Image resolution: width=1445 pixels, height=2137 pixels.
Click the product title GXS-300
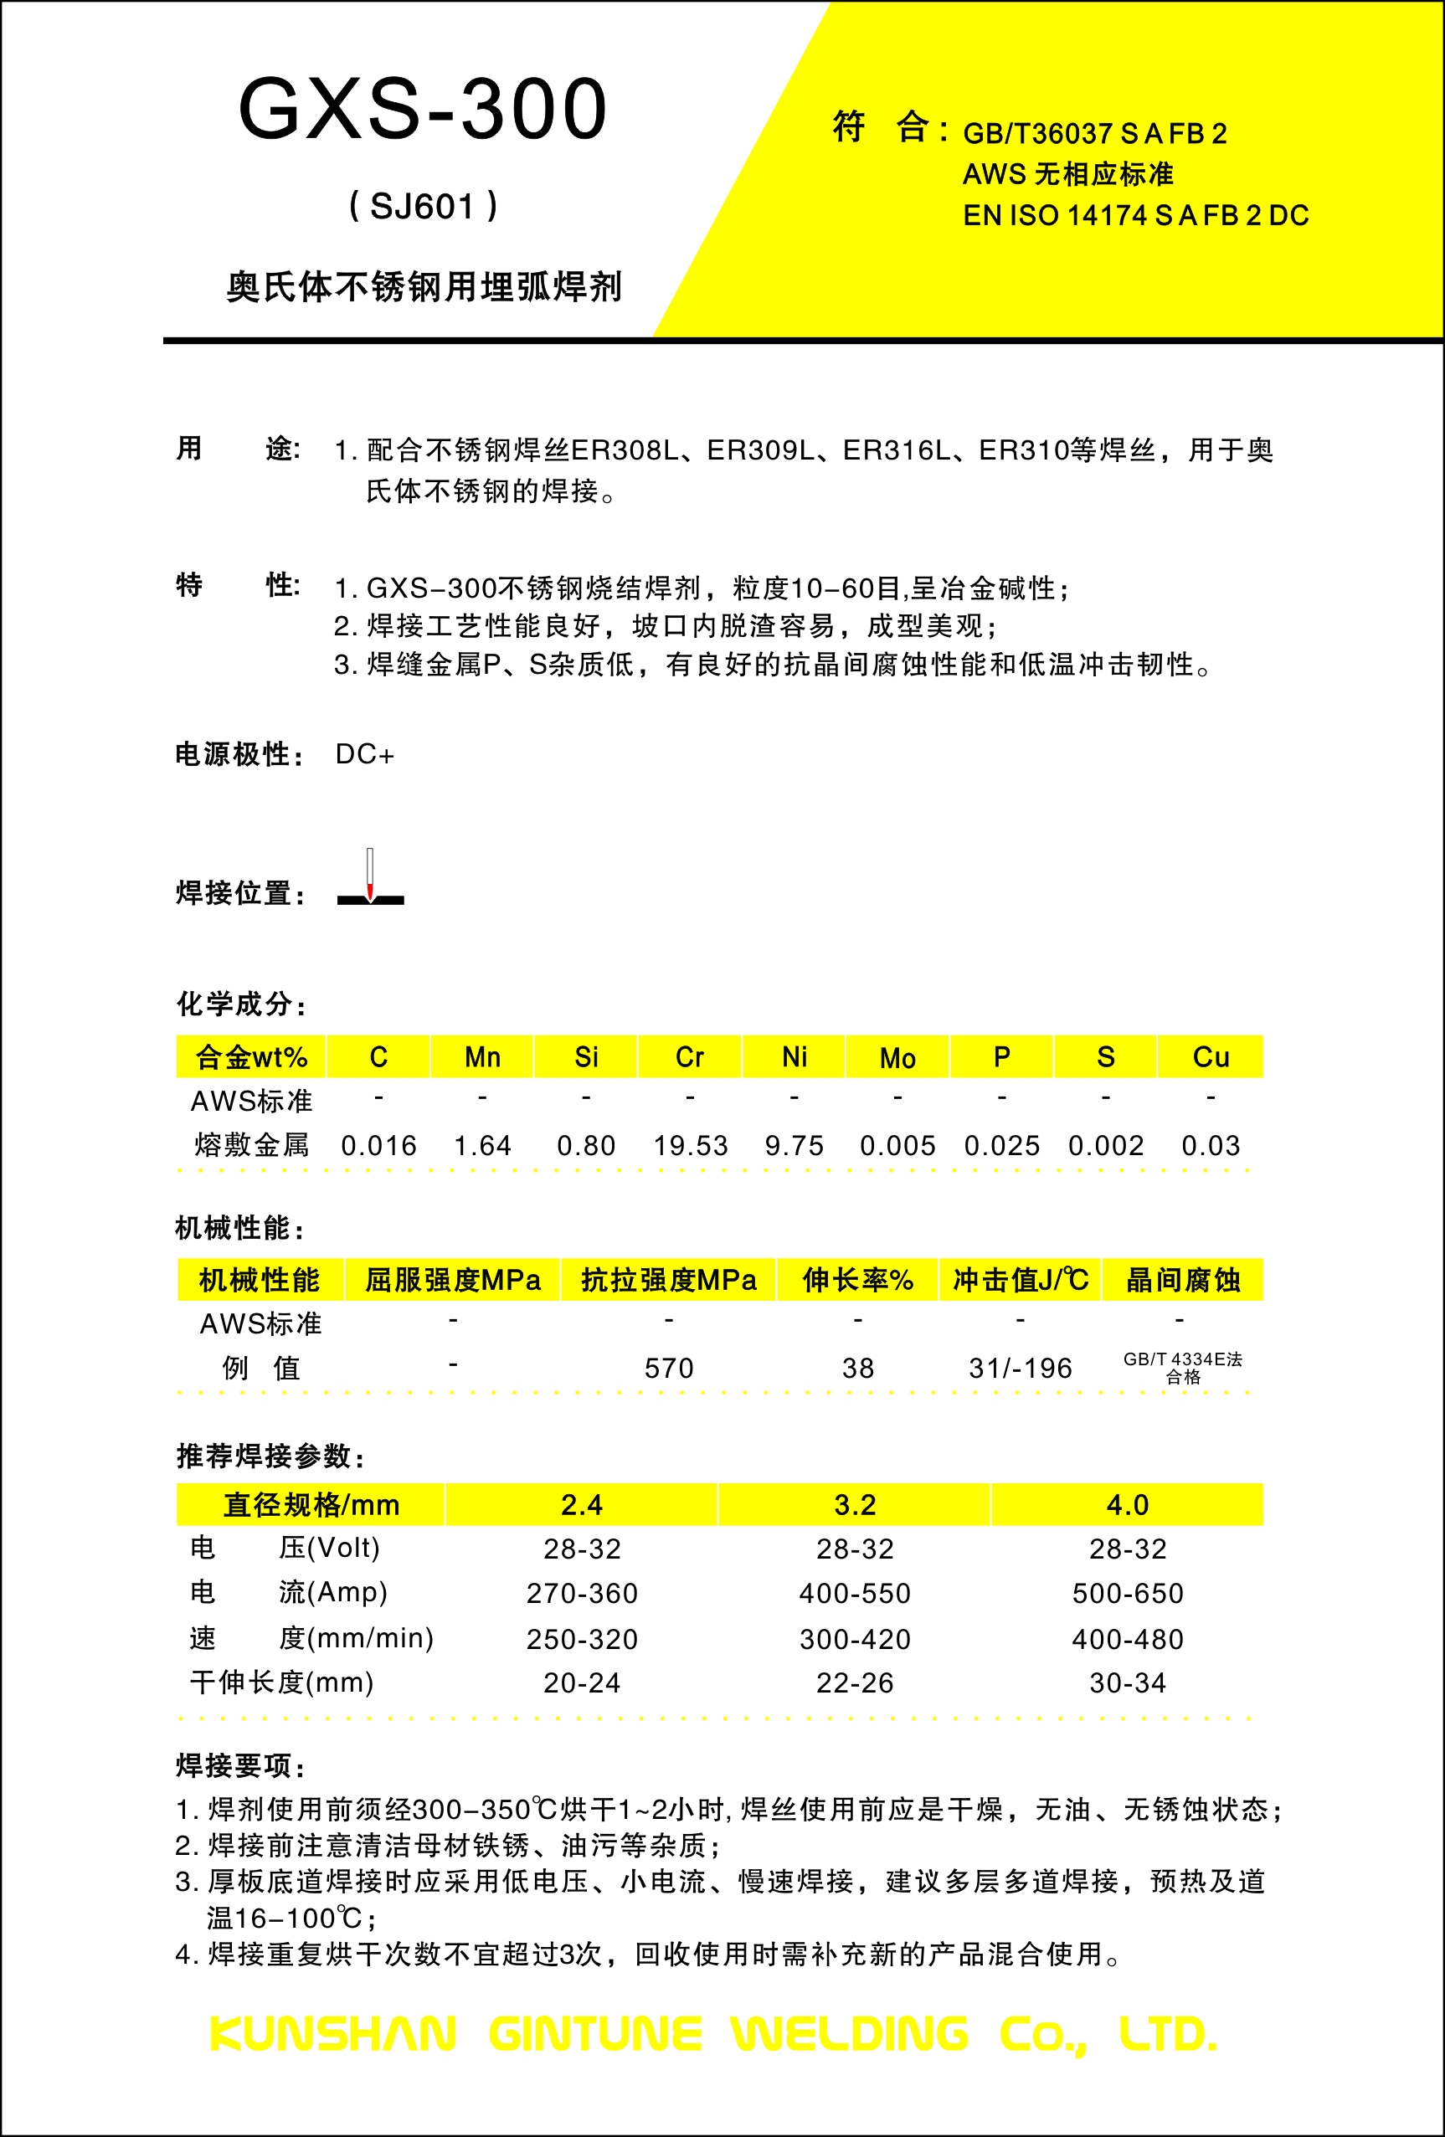422,110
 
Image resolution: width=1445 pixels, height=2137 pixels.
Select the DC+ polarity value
364,755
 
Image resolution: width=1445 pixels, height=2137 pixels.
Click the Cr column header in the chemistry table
689,1057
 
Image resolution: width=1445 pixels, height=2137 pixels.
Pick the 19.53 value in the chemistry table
690,1146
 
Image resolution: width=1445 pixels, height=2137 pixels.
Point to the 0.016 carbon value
378,1146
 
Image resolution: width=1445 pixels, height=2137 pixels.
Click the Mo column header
897,1057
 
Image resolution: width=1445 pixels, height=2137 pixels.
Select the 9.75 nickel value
794,1146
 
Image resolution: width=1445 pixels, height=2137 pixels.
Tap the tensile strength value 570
669,1369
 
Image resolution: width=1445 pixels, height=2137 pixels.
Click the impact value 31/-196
1020,1369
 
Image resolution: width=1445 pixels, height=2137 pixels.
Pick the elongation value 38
857,1369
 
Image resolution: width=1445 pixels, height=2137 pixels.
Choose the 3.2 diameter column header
855,1505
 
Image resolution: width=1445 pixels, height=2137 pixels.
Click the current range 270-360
581,1594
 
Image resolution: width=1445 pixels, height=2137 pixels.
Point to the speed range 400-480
1128,1639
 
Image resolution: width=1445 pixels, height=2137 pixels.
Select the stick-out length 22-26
855,1682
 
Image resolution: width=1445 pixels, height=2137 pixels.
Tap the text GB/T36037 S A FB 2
1094,134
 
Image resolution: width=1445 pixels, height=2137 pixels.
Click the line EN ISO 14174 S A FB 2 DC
1135,215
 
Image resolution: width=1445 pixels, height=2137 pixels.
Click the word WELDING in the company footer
849,2034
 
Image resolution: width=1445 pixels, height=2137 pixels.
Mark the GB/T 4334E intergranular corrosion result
1183,1368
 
